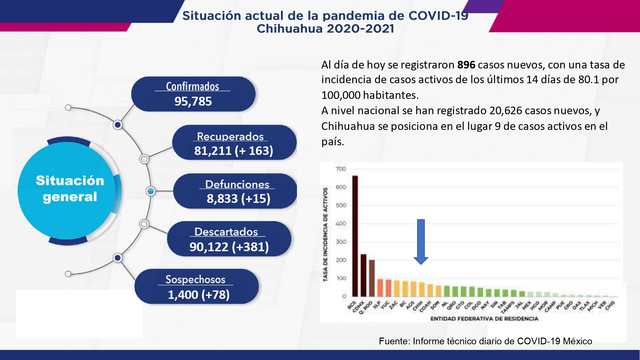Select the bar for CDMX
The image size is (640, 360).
pyautogui.click(x=364, y=275)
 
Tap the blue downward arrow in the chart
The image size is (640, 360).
pyautogui.click(x=421, y=242)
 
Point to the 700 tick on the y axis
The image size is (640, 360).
pyautogui.click(x=341, y=169)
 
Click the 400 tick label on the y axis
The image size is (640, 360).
pyautogui.click(x=341, y=223)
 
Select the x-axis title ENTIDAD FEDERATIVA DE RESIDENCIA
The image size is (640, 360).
pyautogui.click(x=484, y=319)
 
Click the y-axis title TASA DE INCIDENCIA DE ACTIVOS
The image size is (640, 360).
pyautogui.click(x=325, y=235)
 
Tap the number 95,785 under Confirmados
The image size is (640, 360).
pyautogui.click(x=193, y=101)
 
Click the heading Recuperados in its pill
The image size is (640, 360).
pyautogui.click(x=230, y=136)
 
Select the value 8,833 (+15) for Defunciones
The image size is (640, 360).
pyautogui.click(x=238, y=199)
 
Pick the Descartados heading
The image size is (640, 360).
pyautogui.click(x=226, y=232)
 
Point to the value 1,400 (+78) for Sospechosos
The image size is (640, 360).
pyautogui.click(x=199, y=295)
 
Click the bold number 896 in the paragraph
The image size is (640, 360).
pyautogui.click(x=466, y=65)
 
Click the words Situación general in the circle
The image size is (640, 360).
pyautogui.click(x=70, y=189)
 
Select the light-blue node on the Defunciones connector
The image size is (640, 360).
pyautogui.click(x=150, y=191)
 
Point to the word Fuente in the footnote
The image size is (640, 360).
pyautogui.click(x=394, y=341)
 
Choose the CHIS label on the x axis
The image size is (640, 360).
pyautogui.click(x=610, y=306)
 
